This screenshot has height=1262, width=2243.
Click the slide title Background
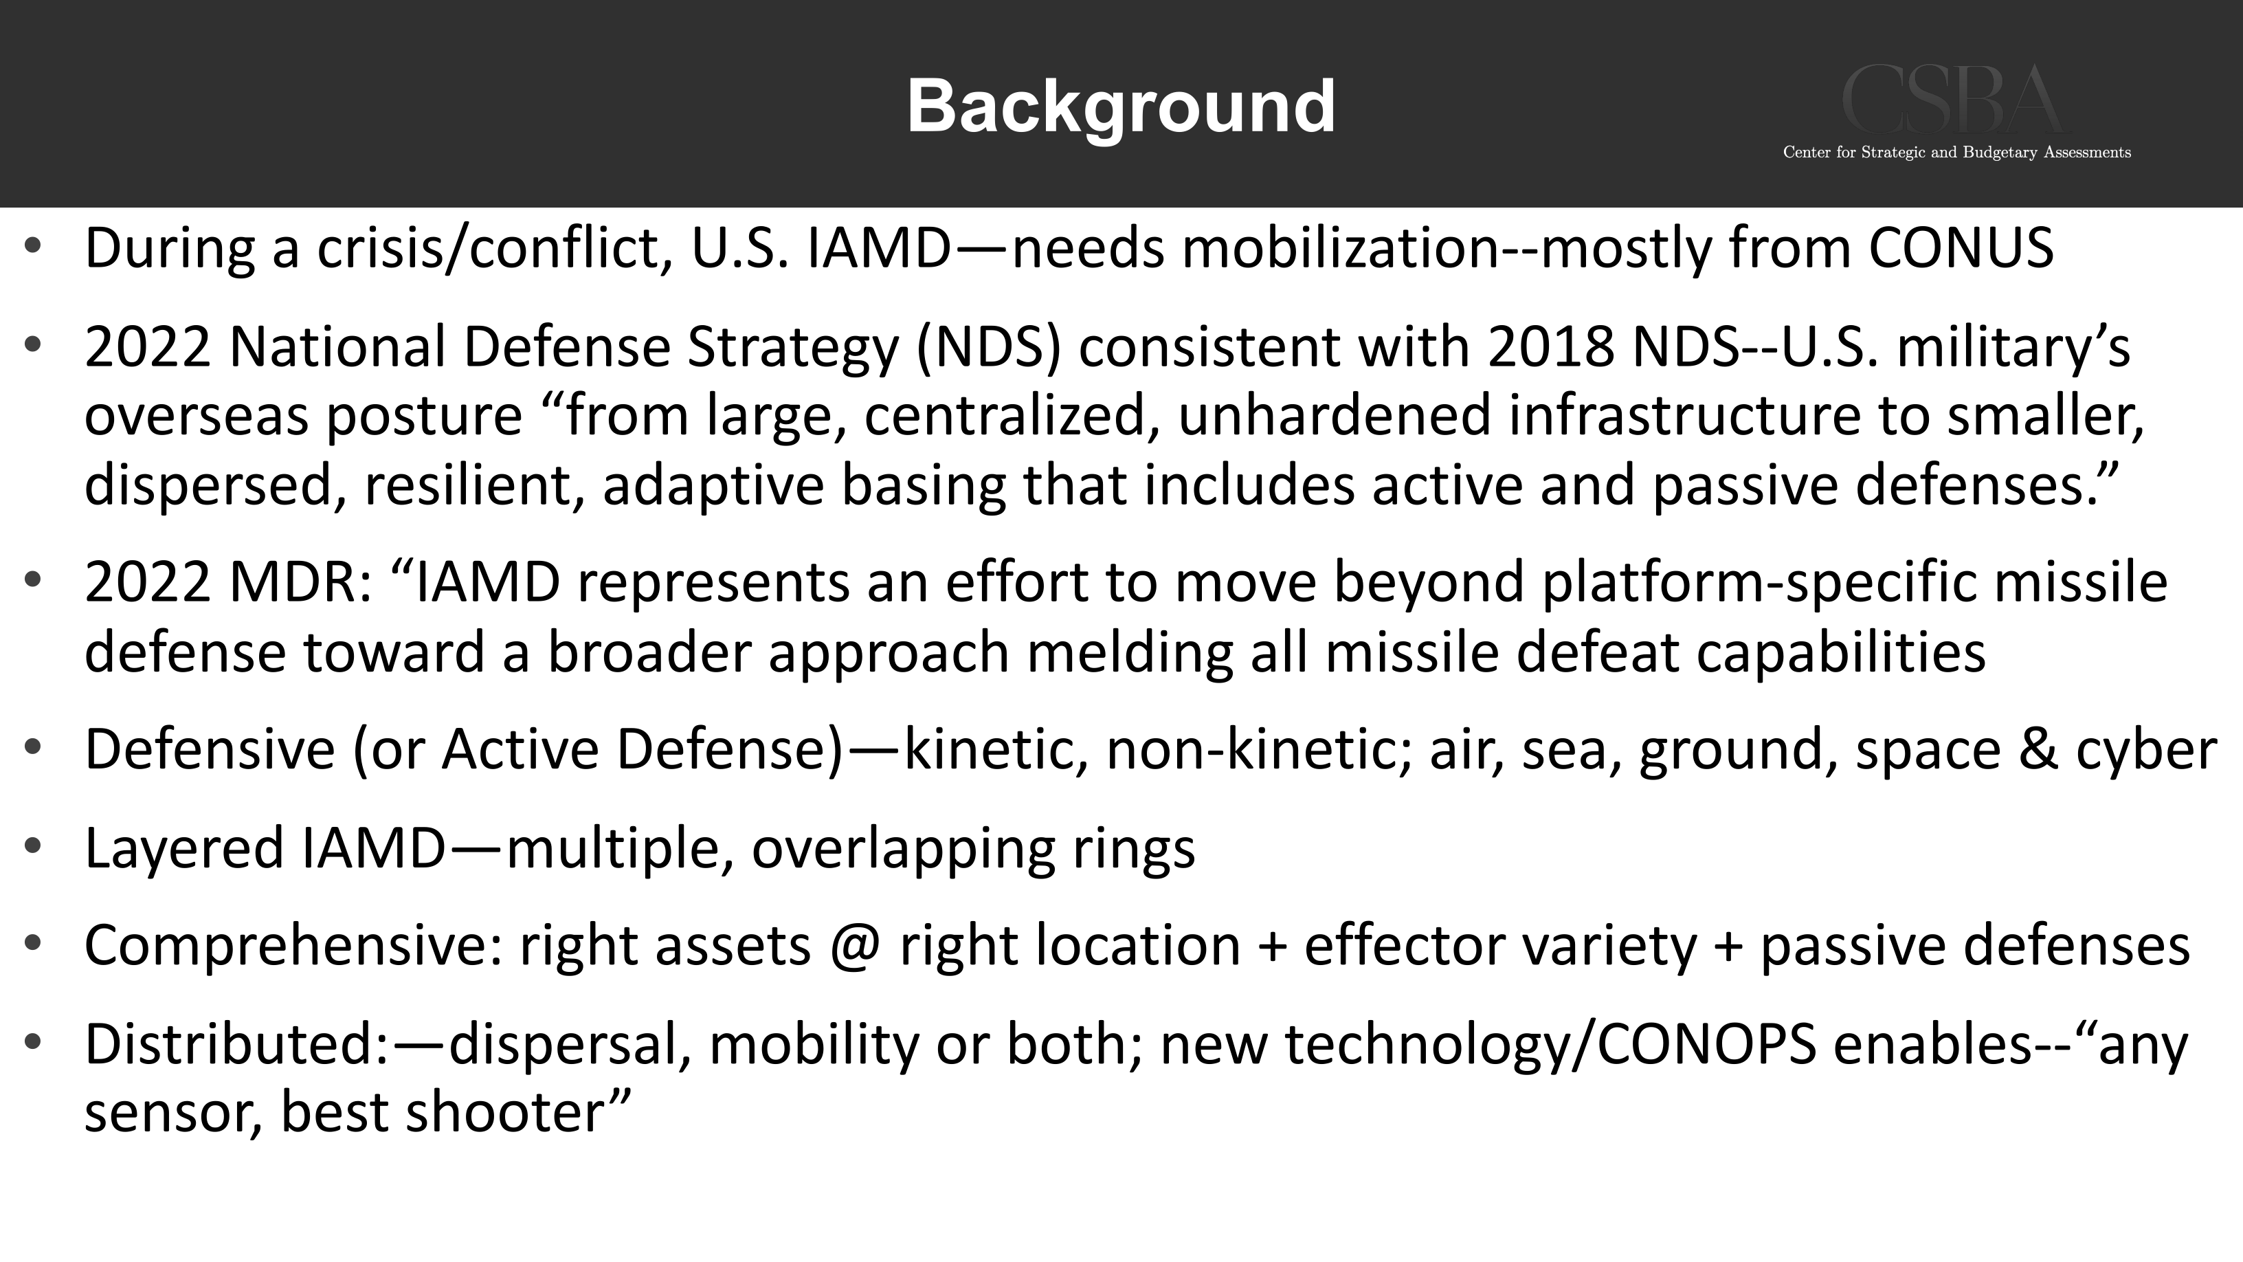coord(1121,108)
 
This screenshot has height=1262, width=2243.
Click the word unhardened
coord(1334,414)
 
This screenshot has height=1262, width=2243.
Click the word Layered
coord(183,849)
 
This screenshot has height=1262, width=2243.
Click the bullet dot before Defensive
coord(33,746)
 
